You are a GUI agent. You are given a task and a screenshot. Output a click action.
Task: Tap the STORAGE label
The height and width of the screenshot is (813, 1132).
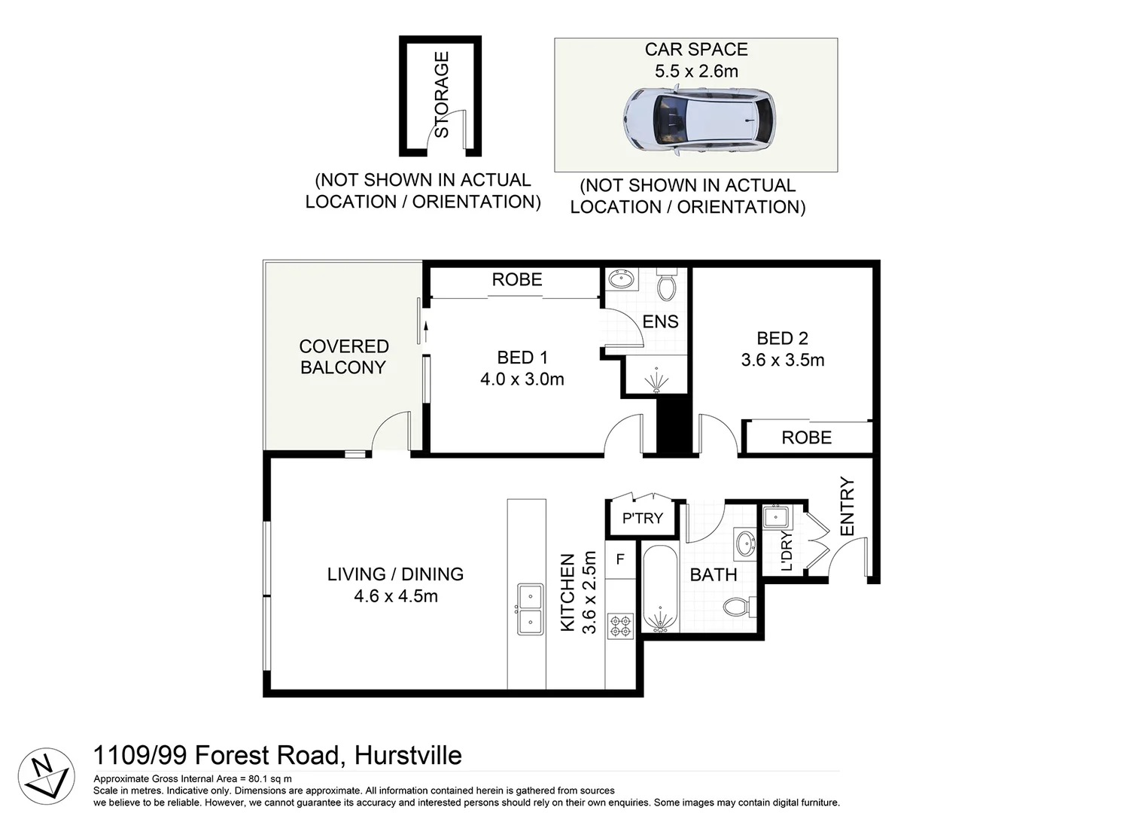coord(442,95)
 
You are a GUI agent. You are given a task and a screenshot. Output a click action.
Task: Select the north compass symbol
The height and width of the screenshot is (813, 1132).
coord(46,776)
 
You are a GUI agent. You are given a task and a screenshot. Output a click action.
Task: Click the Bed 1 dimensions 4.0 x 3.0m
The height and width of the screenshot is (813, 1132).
coord(522,379)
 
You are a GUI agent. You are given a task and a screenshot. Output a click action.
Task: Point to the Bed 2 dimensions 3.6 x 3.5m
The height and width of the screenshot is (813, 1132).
coord(782,361)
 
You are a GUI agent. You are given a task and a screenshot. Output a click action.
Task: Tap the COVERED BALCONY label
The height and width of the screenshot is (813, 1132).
coord(343,357)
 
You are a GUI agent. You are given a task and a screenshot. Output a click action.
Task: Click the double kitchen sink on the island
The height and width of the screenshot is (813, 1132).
coord(529,609)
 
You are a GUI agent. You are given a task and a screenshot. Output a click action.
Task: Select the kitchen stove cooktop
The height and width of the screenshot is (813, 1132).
coord(620,627)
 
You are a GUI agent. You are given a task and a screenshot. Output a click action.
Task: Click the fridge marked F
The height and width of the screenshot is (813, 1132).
coord(620,559)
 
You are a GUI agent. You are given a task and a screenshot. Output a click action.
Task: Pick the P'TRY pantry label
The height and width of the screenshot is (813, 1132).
coord(642,519)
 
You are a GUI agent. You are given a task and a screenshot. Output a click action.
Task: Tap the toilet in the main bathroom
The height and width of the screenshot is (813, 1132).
coord(737,606)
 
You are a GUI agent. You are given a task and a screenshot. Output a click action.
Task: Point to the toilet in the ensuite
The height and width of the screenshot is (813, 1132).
coord(666,287)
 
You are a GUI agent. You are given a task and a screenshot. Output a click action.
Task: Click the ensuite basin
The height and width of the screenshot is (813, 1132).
coord(622,280)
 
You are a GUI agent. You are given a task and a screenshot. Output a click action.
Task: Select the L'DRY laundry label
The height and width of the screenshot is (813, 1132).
coord(787,551)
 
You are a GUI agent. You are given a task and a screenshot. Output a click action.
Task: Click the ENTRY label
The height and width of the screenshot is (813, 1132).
coord(847,507)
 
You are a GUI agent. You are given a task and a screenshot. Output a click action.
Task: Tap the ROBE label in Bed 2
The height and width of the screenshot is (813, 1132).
coord(806,438)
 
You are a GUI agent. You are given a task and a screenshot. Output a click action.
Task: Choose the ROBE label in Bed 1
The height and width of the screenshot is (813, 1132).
coord(516,280)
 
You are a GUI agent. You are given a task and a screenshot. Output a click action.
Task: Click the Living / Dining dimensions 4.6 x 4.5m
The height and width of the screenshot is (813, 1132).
coord(396,596)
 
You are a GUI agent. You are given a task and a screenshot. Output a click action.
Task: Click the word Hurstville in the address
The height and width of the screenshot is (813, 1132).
coord(408,755)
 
